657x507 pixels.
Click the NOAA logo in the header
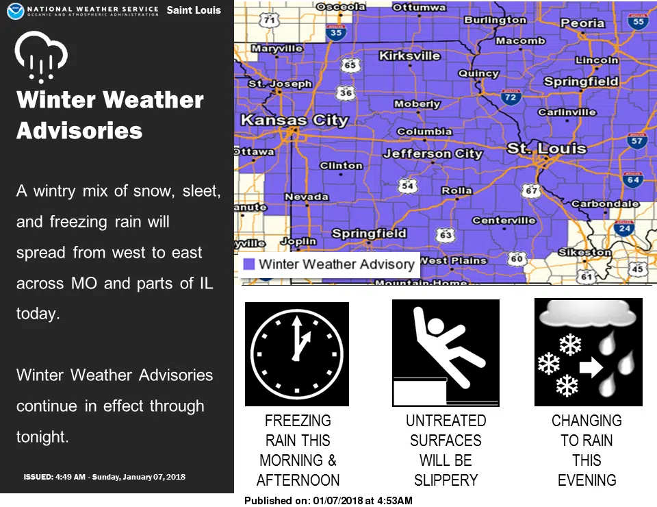coord(16,11)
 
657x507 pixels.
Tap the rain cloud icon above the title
coord(41,56)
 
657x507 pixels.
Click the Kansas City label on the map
coord(294,121)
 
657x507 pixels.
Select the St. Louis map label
coord(546,148)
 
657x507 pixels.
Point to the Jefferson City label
coord(433,153)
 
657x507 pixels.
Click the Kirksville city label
coord(409,55)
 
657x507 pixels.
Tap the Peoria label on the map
coord(582,23)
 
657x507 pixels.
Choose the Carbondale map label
coord(605,203)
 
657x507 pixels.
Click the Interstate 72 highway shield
coord(511,97)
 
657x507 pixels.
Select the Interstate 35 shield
coord(336,32)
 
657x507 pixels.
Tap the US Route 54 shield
coord(407,186)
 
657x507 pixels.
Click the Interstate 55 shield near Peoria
coord(638,21)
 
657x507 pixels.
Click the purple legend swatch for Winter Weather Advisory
coord(249,264)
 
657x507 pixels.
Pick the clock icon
coord(296,354)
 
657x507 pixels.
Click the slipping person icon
coord(446,353)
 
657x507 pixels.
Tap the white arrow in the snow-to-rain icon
coord(591,367)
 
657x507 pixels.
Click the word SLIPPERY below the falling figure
coord(446,480)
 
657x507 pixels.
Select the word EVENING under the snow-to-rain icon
coord(587,480)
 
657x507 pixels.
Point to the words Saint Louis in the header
coord(194,10)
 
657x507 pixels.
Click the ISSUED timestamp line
coord(104,477)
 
